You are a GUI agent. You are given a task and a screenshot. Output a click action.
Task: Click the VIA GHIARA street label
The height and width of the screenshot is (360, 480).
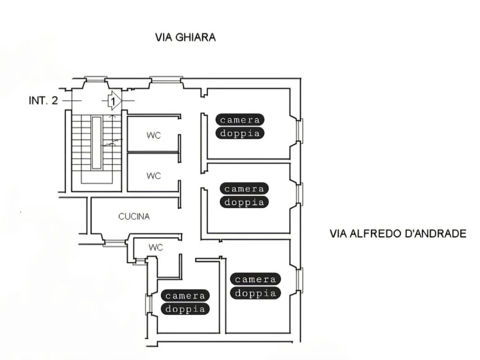(186, 37)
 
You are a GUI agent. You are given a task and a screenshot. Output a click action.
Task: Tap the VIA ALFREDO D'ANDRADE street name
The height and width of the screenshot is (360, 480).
(398, 233)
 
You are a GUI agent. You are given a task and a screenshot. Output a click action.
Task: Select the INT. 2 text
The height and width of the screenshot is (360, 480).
(43, 100)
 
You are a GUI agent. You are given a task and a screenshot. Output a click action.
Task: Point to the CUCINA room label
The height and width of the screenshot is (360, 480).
(134, 217)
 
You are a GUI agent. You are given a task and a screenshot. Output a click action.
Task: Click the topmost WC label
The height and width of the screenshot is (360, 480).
(154, 135)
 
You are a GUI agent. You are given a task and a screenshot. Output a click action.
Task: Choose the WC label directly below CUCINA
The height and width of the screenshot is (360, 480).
(156, 247)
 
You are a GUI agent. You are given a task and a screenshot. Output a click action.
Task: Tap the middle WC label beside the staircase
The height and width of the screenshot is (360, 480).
(154, 176)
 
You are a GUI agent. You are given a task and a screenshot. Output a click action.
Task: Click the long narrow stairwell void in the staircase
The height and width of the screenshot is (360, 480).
(97, 142)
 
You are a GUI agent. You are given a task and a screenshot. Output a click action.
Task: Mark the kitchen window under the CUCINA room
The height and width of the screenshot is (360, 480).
(114, 243)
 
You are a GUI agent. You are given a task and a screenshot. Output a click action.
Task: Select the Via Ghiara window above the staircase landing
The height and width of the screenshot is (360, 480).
(96, 79)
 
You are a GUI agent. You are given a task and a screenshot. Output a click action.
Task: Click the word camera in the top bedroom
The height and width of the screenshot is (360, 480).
(240, 120)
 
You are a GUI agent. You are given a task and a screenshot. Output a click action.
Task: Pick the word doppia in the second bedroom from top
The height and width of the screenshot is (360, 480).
(244, 202)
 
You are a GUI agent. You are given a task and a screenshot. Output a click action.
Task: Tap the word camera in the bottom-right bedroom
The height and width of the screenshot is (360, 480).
(255, 279)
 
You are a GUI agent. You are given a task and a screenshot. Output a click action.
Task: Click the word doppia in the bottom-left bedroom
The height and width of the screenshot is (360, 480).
(185, 309)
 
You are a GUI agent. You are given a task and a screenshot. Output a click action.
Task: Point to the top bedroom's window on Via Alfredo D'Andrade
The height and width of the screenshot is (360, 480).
(300, 131)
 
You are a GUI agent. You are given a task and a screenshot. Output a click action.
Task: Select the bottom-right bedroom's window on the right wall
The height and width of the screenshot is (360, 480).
(300, 279)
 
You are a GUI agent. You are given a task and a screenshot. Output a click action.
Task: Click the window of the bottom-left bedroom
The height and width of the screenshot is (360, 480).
(149, 304)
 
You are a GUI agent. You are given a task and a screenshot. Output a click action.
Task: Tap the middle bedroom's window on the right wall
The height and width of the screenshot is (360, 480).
(300, 194)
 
